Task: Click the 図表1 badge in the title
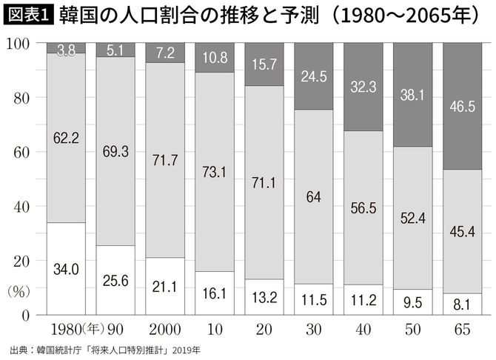click(29, 16)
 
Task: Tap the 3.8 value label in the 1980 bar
click(66, 50)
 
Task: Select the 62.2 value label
click(66, 138)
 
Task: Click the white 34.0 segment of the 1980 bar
click(66, 268)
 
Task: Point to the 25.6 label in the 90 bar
click(115, 281)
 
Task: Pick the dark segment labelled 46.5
click(462, 106)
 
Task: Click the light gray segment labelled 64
click(313, 196)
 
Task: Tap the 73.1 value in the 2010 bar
click(214, 172)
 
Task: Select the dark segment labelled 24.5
click(313, 76)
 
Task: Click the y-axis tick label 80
click(21, 99)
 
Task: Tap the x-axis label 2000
click(165, 330)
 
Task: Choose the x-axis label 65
click(462, 330)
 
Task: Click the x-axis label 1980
click(66, 330)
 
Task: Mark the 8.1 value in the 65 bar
click(461, 304)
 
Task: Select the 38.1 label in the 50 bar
click(412, 95)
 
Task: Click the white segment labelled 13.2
click(264, 297)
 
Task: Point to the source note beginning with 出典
click(105, 350)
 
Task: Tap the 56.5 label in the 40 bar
click(363, 208)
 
